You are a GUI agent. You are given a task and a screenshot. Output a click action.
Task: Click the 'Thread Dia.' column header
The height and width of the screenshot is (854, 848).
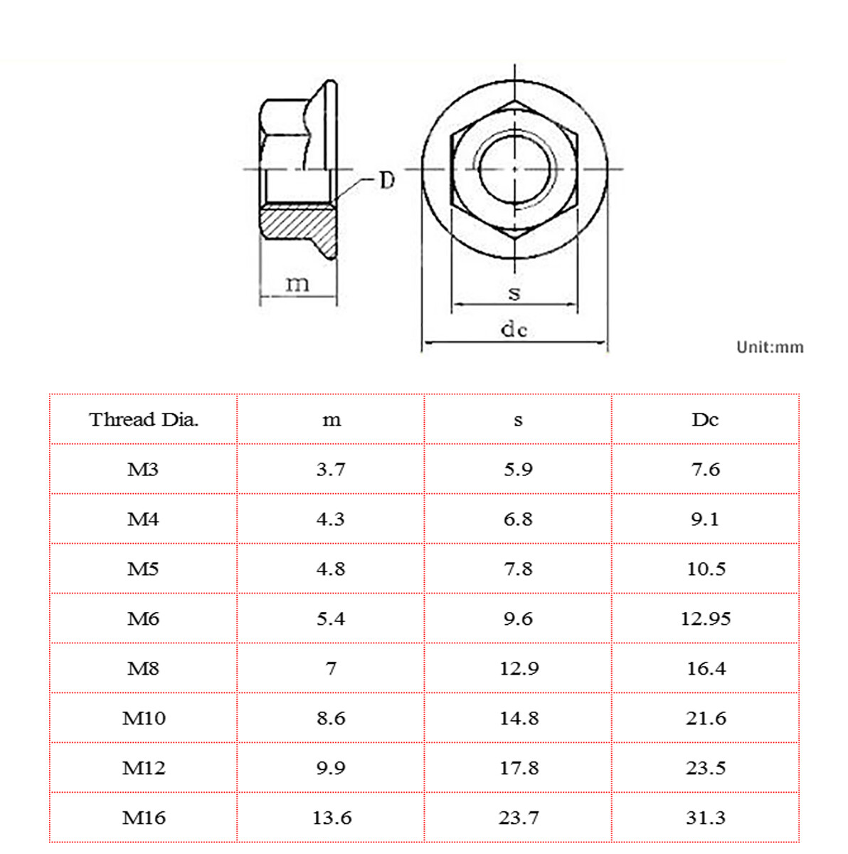coord(144,420)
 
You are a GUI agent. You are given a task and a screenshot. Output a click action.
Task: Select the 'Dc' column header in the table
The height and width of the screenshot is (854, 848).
coord(705,420)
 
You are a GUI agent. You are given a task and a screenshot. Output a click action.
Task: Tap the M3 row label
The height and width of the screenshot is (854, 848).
coord(143,470)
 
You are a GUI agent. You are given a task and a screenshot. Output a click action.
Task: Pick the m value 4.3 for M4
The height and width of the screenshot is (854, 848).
coord(331,520)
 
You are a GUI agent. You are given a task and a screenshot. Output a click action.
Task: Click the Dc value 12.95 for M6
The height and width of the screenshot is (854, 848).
coord(705,619)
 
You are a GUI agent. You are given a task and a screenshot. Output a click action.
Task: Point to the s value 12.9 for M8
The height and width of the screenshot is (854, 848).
coord(519,669)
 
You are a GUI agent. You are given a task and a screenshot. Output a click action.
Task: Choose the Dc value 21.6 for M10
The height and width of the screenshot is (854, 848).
coord(706,719)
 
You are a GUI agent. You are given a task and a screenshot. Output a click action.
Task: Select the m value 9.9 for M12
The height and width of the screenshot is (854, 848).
coord(331,769)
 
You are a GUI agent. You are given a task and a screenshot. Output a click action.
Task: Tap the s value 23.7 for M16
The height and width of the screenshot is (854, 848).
coord(519,818)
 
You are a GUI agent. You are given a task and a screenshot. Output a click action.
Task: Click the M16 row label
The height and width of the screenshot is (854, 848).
coord(144,818)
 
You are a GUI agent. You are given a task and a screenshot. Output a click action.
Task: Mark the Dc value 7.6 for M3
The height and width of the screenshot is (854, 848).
coord(705,470)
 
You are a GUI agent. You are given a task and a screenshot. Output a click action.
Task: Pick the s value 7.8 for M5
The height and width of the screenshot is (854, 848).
coord(518,569)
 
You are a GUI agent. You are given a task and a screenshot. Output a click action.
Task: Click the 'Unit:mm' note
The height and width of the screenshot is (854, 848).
coord(770,347)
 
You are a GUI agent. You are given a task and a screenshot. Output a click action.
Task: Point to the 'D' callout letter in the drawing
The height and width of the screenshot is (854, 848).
coord(386,181)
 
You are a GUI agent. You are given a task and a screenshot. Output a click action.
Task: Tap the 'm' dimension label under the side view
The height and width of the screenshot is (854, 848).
coord(297,284)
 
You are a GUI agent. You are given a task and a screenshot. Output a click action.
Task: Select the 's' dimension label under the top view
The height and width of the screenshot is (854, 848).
coord(514,292)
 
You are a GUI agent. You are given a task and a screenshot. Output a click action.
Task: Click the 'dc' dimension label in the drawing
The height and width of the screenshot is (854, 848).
coord(514,330)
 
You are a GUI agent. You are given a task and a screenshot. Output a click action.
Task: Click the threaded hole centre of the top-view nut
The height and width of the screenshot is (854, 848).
coord(514,169)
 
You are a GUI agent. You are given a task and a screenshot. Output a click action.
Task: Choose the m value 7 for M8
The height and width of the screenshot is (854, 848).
coord(331,669)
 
